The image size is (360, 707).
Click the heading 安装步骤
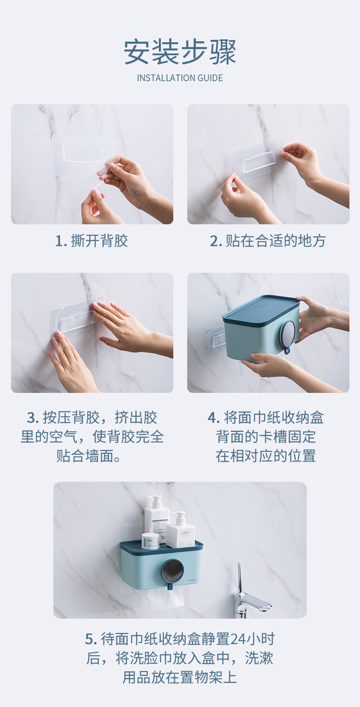(x=180, y=52)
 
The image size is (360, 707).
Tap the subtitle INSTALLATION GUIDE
(x=180, y=78)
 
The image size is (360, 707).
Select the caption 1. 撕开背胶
(x=92, y=241)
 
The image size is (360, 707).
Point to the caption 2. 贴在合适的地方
(x=268, y=241)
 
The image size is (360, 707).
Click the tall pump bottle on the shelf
(x=156, y=518)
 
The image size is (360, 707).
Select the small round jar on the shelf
(x=150, y=541)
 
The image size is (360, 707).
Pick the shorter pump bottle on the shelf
(x=180, y=530)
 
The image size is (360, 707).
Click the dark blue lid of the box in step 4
(x=261, y=310)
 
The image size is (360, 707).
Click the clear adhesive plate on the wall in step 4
(x=216, y=341)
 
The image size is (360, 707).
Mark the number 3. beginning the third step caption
(x=33, y=418)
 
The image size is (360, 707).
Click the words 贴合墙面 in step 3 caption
(x=84, y=456)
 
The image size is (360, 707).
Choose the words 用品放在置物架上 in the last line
(x=180, y=678)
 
